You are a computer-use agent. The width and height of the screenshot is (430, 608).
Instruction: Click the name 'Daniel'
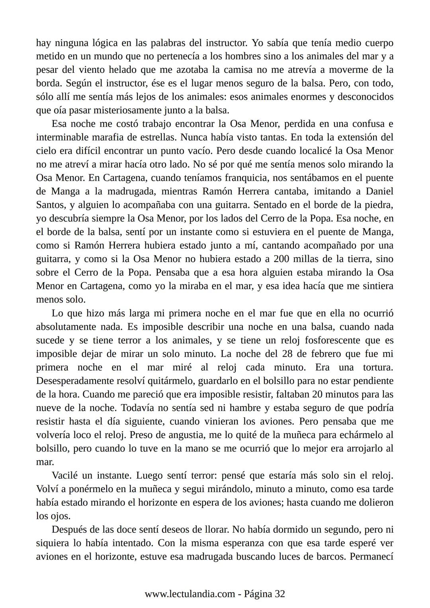point(379,192)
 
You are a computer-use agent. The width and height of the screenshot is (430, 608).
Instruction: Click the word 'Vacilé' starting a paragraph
point(65,476)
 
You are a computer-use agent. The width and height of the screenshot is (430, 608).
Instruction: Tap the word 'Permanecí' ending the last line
point(371,557)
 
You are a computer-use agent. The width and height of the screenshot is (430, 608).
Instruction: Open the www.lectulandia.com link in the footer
point(190,594)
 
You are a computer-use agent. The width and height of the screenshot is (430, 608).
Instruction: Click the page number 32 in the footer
point(280,594)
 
